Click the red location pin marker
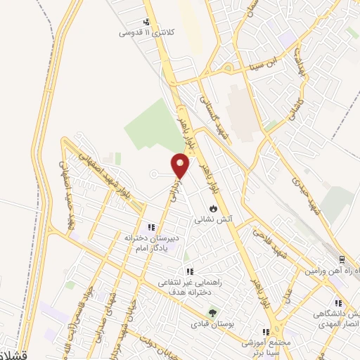pos(181,165)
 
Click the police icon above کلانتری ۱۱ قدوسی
pos(146,22)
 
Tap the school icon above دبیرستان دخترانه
pos(150,227)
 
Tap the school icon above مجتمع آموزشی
pos(266,332)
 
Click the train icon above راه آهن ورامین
pos(340,259)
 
